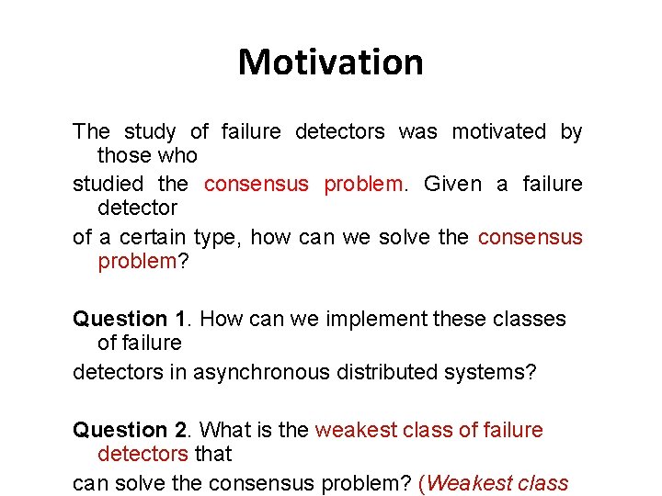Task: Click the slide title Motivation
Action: point(331,62)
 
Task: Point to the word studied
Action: point(108,184)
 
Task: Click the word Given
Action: point(452,184)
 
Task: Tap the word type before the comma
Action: point(215,237)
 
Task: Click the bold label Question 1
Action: point(131,320)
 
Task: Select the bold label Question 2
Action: point(131,430)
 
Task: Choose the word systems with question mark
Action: point(501,372)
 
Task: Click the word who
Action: point(179,155)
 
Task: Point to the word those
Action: point(124,155)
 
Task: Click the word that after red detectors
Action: point(213,454)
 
